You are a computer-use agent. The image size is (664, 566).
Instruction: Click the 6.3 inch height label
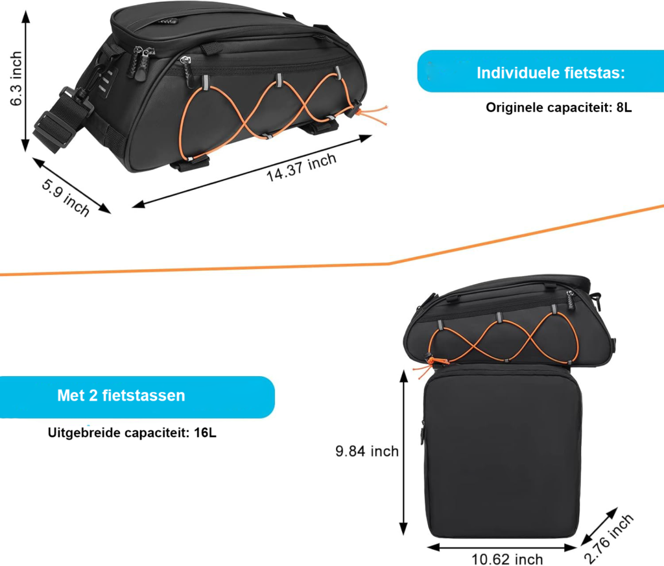point(16,78)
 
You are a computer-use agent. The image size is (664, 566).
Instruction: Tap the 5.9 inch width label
point(65,197)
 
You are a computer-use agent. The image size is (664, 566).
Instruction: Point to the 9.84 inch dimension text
point(367,451)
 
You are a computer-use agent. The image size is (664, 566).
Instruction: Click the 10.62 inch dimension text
point(507,560)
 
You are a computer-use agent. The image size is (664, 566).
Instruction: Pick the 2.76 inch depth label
point(608,539)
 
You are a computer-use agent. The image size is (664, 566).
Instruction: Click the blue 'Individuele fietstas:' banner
point(541,71)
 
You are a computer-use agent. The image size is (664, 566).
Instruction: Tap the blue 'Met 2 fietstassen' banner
point(137,397)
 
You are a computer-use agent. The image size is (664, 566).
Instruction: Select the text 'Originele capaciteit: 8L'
point(558,108)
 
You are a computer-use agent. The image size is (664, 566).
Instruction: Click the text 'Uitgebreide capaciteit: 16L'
point(132,432)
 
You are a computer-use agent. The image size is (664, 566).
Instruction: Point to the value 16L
point(206,432)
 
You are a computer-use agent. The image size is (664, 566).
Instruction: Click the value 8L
point(624,108)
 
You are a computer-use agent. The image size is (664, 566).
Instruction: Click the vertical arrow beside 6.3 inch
point(26,81)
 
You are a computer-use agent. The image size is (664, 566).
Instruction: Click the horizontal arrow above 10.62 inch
point(503,547)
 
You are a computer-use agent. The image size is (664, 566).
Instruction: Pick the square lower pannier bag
point(503,451)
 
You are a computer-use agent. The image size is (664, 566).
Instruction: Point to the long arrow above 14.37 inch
point(252,171)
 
